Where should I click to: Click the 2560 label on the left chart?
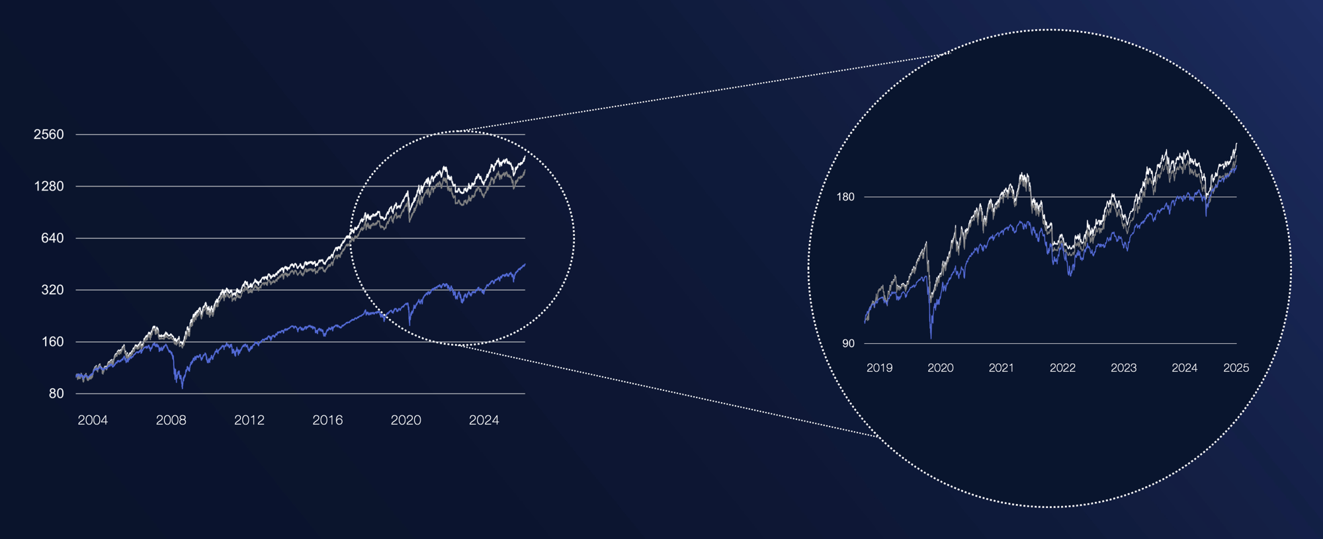click(49, 134)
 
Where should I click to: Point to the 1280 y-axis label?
click(49, 187)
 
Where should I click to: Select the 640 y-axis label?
click(52, 238)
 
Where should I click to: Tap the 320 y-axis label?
click(52, 290)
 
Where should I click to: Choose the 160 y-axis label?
click(52, 342)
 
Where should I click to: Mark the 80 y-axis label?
click(56, 394)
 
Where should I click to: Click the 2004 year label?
click(93, 420)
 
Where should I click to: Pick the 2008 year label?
click(171, 420)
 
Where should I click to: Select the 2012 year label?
click(249, 420)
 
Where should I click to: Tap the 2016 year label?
click(327, 420)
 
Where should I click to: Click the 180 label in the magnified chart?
click(845, 197)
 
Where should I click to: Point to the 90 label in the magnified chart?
click(848, 343)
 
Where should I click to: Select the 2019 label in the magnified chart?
click(879, 368)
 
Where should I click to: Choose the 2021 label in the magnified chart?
click(1001, 368)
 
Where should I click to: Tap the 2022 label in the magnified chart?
click(1062, 368)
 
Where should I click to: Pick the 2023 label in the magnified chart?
click(1123, 368)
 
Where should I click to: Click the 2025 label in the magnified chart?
click(1236, 368)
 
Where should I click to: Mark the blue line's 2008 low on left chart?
click(182, 388)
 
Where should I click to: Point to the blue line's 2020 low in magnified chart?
click(931, 338)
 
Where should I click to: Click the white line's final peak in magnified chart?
click(1236, 144)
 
